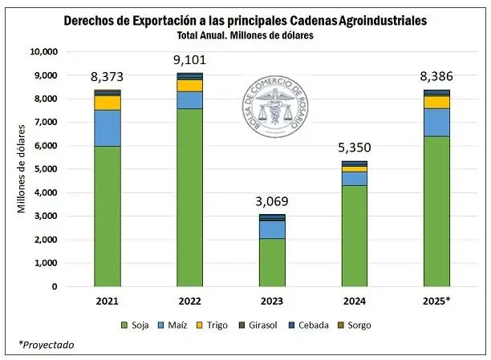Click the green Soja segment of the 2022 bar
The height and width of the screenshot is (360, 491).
[190, 196]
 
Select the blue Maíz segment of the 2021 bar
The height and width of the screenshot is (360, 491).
[108, 128]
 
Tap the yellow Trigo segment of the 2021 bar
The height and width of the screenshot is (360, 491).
[108, 103]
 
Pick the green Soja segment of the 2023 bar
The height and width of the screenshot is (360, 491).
[272, 262]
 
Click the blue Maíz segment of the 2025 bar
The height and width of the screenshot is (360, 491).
[436, 122]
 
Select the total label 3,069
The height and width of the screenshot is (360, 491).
[272, 200]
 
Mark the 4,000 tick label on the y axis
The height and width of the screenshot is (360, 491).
[46, 192]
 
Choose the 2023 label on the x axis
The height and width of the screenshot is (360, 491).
[272, 301]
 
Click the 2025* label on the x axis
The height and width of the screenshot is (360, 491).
[436, 301]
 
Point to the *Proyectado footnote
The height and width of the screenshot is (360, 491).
[46, 345]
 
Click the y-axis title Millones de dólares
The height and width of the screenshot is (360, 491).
[22, 168]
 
